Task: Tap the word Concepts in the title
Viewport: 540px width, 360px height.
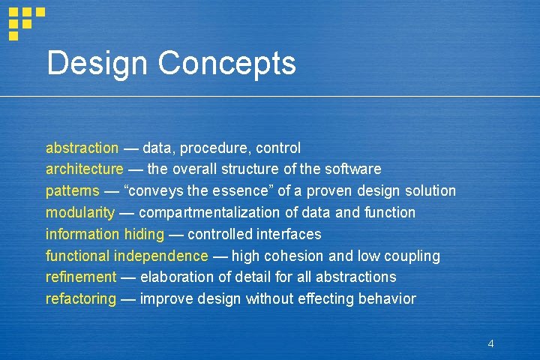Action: pos(229,64)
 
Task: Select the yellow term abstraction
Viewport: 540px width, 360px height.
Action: pos(82,148)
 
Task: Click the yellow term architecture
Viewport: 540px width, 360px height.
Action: pos(85,169)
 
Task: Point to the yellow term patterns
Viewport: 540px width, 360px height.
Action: pos(72,190)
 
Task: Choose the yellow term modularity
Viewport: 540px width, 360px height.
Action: pos(80,212)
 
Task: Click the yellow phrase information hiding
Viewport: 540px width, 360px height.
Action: pos(104,234)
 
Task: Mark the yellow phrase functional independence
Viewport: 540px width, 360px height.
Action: pos(127,256)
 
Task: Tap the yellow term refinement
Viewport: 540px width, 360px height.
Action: pos(81,277)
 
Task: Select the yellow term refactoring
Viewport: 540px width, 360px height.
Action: pos(81,298)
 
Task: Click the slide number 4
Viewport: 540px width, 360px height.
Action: pos(490,343)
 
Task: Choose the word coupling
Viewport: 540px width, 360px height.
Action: pos(412,256)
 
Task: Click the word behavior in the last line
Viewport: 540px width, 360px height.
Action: pos(386,298)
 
